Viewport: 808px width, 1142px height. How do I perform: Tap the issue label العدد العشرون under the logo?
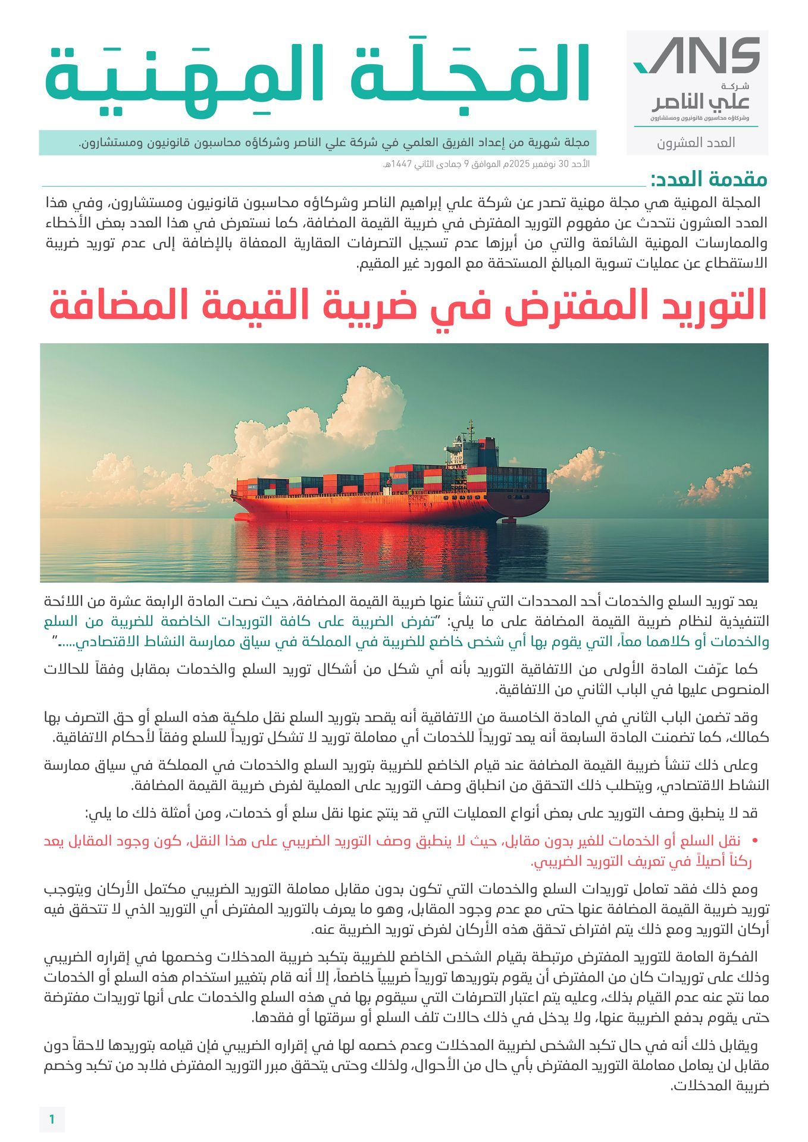point(696,143)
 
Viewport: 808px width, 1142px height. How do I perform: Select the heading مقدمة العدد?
point(708,179)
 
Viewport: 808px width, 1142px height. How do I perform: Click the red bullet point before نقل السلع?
point(755,841)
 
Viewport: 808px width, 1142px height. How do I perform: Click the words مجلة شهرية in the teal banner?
point(566,143)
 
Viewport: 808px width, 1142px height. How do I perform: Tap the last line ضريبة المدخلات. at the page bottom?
point(719,1085)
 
